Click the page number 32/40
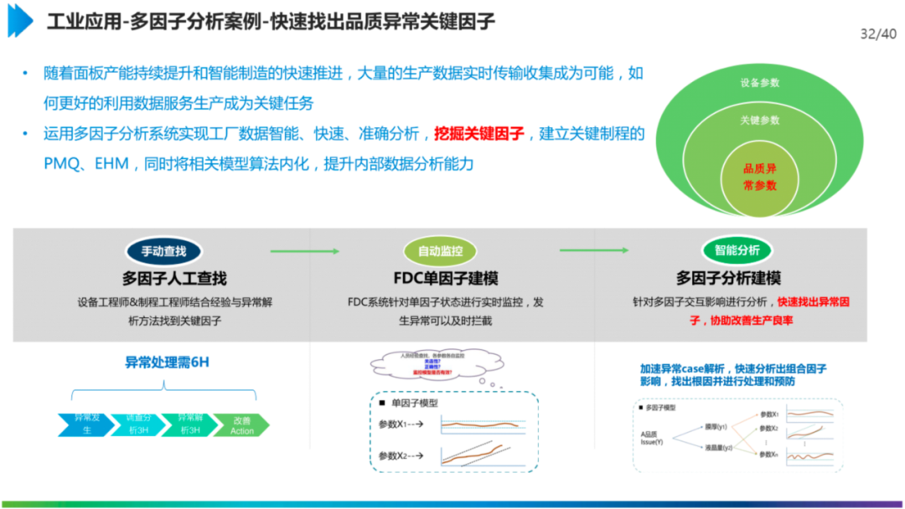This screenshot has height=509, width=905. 878,34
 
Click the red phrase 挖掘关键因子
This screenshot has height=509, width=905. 479,134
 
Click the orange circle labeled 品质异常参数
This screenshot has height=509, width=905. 760,177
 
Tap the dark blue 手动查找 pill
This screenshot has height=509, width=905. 163,250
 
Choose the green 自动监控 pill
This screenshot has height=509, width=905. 446,250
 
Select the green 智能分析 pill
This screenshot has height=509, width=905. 737,250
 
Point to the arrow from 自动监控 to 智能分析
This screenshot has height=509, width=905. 593,250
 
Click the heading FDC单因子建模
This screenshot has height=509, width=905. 446,278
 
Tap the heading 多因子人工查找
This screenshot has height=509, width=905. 174,278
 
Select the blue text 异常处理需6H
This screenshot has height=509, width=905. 167,362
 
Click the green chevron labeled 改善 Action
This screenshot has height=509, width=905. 241,424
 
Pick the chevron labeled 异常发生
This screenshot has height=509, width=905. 85,424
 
